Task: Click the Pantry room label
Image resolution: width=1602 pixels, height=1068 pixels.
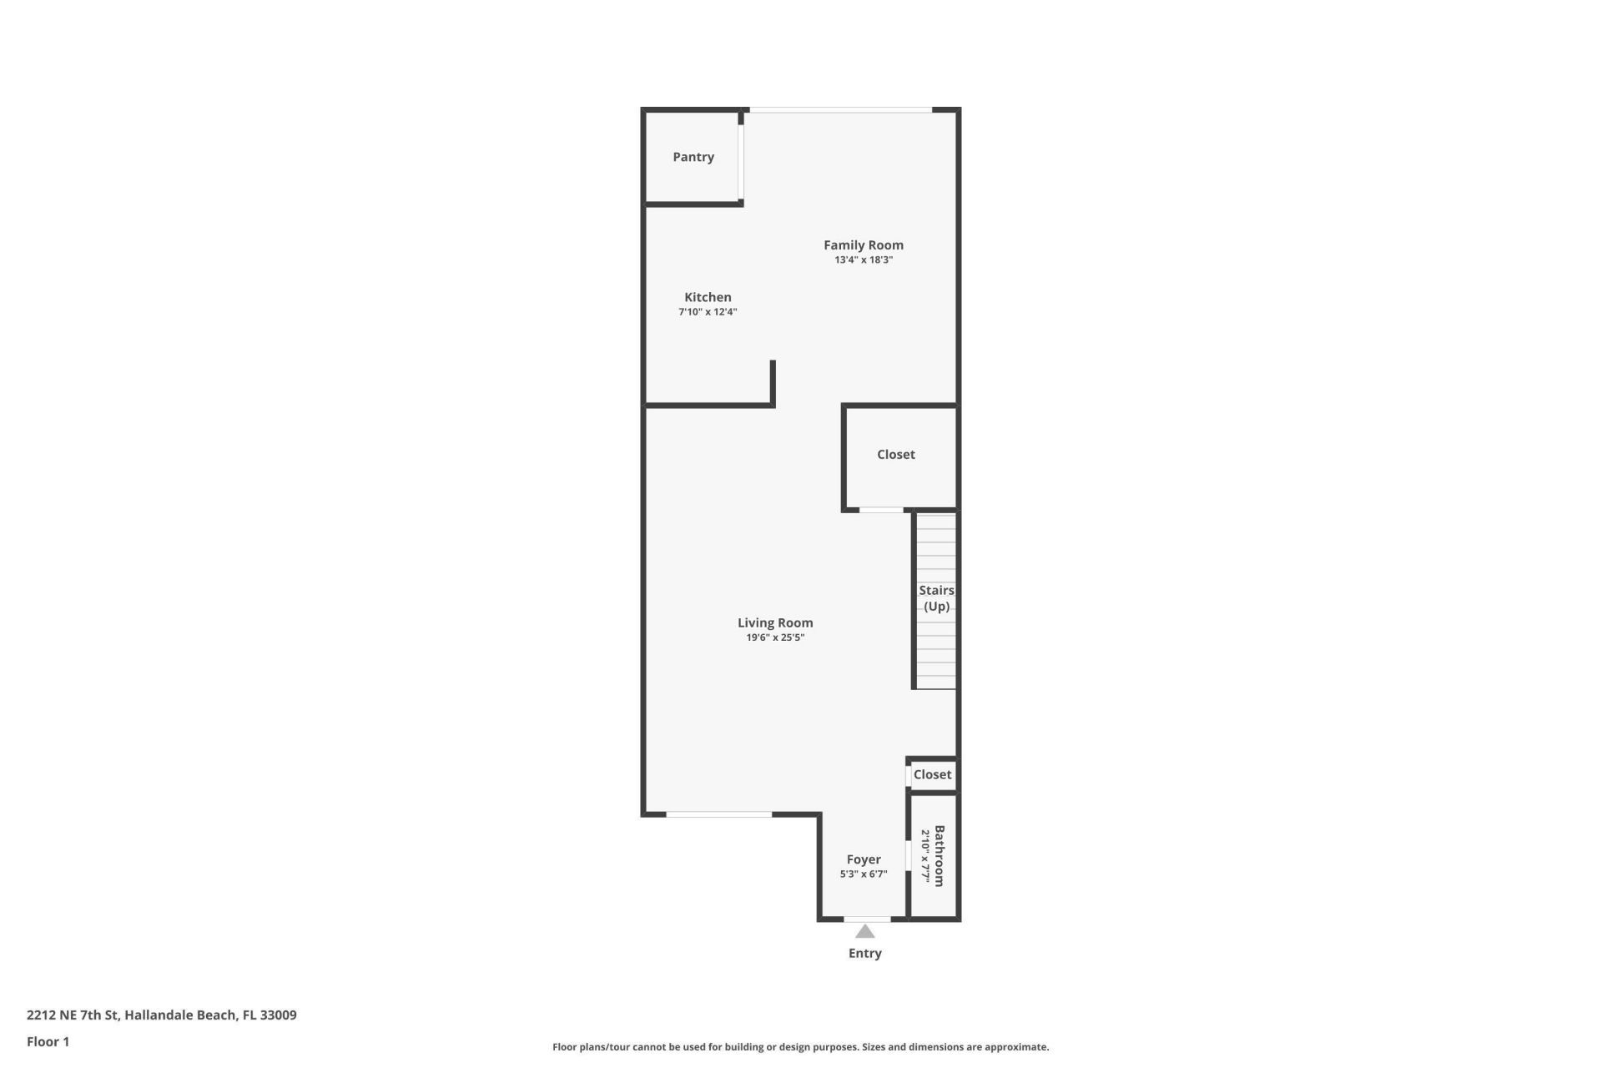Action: [x=693, y=157]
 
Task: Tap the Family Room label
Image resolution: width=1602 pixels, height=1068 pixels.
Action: [x=863, y=244]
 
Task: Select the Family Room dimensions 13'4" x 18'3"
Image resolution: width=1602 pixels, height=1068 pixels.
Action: [x=864, y=260]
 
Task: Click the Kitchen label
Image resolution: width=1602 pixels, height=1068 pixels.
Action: [x=708, y=297]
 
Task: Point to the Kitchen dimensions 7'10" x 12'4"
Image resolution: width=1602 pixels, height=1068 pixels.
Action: [x=708, y=312]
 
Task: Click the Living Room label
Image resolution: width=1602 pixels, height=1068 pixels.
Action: [x=775, y=622]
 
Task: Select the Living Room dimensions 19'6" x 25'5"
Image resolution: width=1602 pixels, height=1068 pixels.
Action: [x=775, y=637]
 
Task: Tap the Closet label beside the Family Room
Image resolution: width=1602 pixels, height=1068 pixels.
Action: [x=895, y=454]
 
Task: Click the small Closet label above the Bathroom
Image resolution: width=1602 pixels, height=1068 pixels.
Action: [x=932, y=774]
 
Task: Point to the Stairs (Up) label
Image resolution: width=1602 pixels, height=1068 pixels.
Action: [x=936, y=598]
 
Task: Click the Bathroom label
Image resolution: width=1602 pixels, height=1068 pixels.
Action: [x=940, y=856]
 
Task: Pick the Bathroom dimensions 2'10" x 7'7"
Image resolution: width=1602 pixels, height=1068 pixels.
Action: [x=925, y=856]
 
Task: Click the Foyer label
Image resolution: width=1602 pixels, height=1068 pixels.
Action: [x=864, y=859]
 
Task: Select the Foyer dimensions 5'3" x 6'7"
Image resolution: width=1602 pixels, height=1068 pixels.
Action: [x=864, y=874]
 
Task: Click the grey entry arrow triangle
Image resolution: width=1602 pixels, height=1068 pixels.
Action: [x=865, y=931]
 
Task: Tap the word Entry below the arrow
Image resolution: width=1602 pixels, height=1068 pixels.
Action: [x=865, y=953]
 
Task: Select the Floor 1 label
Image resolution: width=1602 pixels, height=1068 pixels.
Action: [x=48, y=1041]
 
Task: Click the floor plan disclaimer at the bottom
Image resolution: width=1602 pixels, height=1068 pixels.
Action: [x=800, y=1046]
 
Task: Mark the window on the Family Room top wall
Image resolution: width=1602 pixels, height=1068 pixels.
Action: [x=840, y=109]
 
